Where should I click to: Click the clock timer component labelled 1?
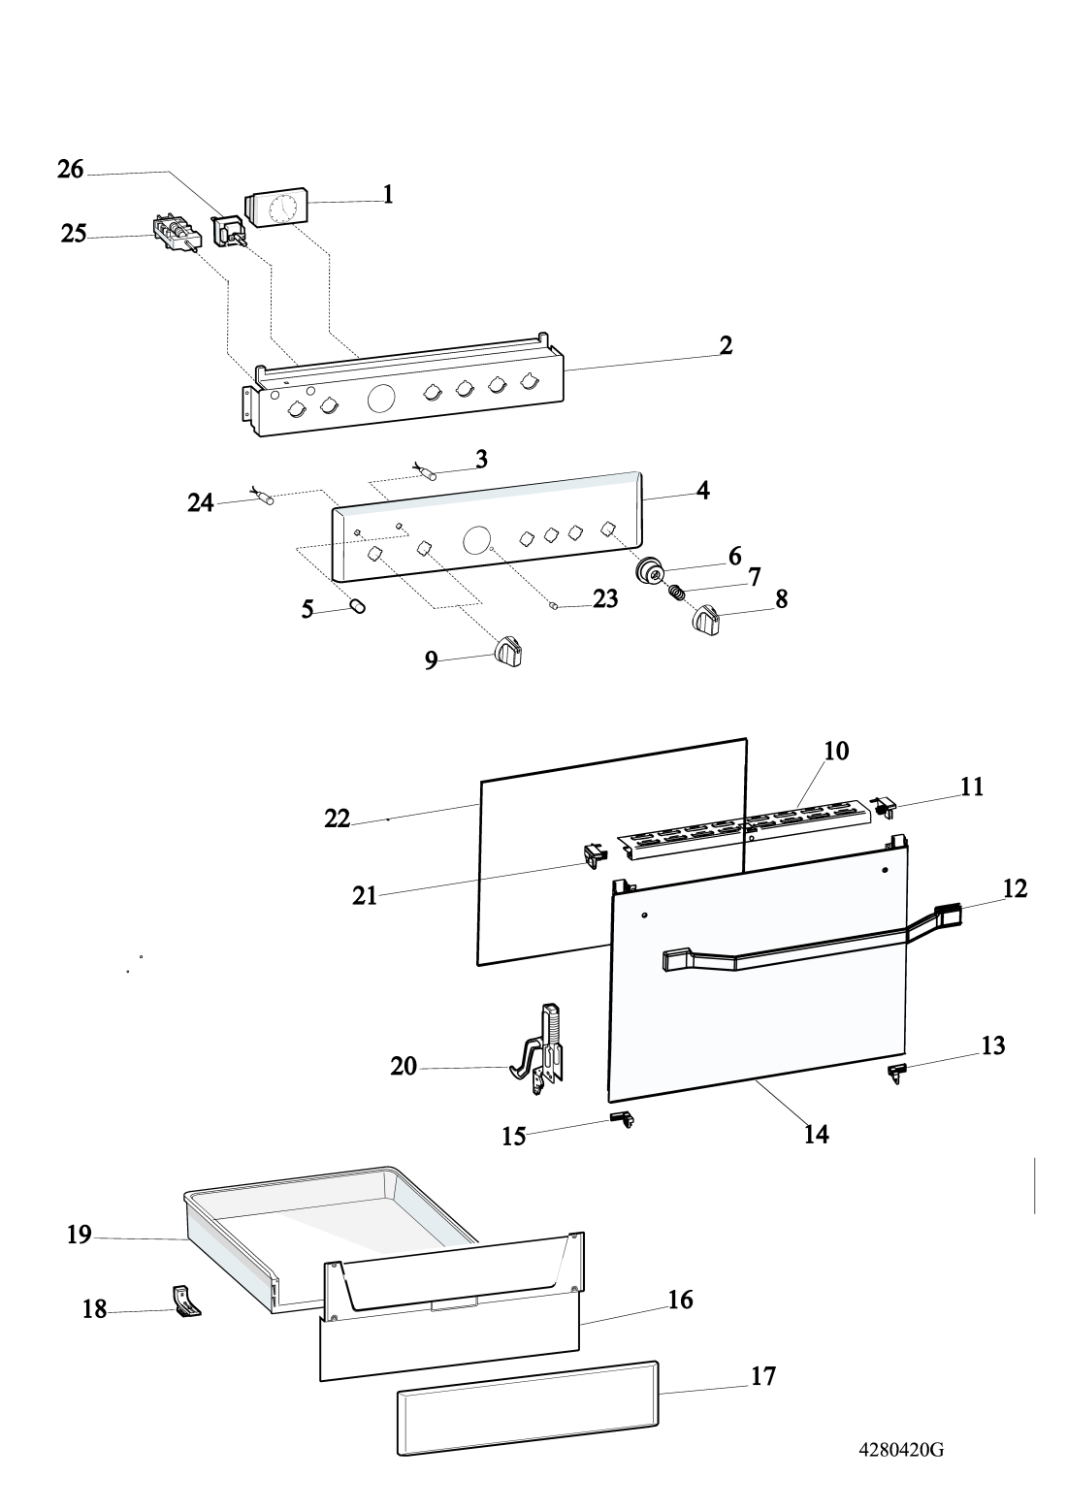275,207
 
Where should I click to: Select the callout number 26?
70,169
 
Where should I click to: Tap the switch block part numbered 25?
176,234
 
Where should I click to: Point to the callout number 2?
726,345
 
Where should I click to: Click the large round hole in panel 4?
477,540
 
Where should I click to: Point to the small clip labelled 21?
593,854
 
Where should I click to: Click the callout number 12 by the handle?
1015,887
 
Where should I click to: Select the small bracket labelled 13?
897,1072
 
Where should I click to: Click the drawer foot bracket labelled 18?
186,1300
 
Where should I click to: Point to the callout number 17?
763,1375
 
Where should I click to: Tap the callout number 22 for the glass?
337,819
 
